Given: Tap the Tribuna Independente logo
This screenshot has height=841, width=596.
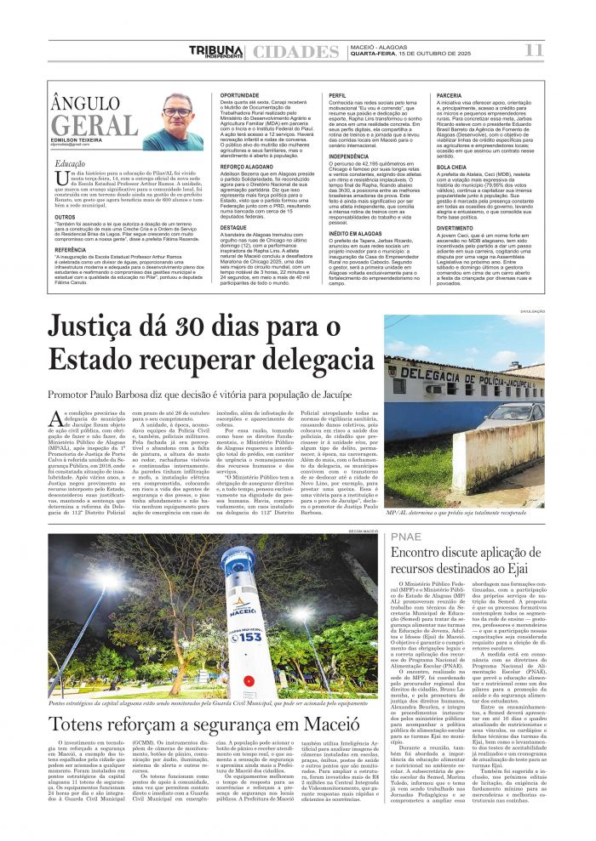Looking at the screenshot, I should [215, 52].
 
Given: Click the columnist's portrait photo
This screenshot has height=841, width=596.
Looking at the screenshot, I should [180, 122].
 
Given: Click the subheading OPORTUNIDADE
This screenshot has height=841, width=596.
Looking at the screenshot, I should [240, 95].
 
